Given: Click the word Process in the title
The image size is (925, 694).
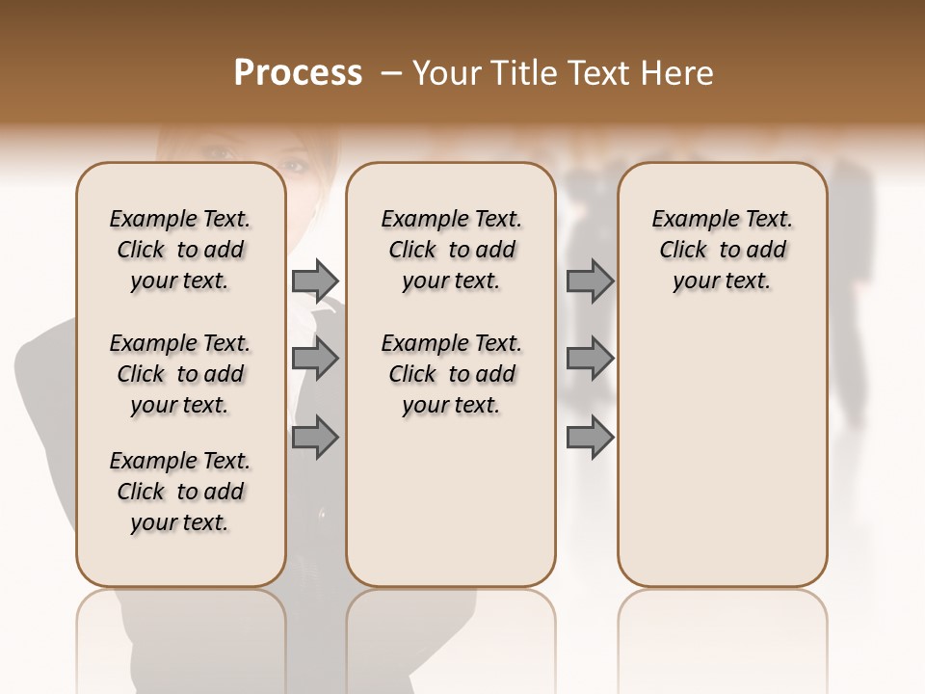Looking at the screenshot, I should (x=298, y=73).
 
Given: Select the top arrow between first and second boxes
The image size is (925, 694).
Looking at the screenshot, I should (x=315, y=280).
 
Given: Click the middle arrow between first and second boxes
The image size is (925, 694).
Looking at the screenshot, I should (x=315, y=359).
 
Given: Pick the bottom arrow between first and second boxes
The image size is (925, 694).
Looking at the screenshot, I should (x=315, y=437).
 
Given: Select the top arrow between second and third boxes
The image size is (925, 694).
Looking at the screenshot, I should (x=590, y=280).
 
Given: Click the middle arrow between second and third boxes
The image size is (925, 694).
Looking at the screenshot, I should (x=590, y=359).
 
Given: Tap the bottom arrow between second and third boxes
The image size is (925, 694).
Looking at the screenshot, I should (x=590, y=437).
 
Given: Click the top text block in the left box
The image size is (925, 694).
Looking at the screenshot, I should (x=180, y=250).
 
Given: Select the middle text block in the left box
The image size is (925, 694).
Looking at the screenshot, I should (x=180, y=374).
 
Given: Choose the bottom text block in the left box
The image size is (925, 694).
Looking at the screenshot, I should (x=180, y=492).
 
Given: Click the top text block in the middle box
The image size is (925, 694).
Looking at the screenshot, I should (x=451, y=250).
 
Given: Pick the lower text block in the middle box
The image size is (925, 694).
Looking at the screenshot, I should (x=451, y=374).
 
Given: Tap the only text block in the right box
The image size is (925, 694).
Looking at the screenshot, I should (x=722, y=250).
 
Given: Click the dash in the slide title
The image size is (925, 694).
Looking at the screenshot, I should (x=390, y=73).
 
